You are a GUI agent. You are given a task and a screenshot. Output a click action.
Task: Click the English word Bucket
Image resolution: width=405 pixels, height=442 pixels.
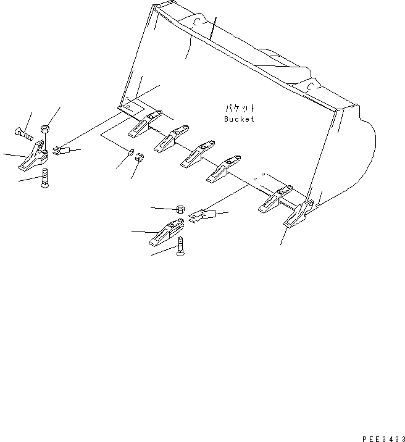click(x=238, y=119)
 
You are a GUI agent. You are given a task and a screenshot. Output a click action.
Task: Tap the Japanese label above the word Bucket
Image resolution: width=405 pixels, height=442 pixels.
click(x=238, y=107)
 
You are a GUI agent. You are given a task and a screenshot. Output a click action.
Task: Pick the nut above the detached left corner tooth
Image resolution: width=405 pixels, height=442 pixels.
click(x=45, y=129)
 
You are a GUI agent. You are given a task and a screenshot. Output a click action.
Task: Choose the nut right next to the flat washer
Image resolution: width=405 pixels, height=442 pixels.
click(x=140, y=158)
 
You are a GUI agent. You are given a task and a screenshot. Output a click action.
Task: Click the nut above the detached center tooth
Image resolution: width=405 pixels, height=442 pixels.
click(x=179, y=208)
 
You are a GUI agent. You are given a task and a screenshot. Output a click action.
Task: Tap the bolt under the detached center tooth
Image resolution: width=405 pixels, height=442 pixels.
click(x=180, y=247)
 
